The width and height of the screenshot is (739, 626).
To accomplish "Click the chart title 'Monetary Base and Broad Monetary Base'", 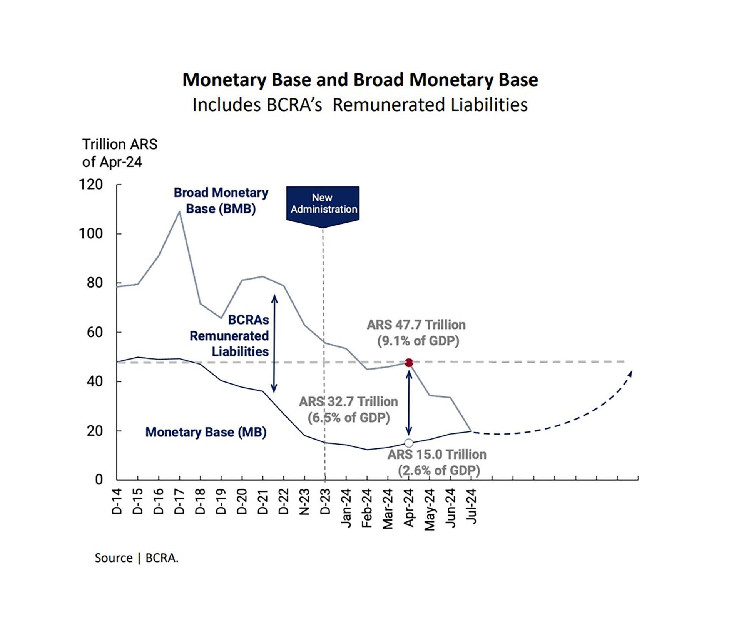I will (x=360, y=80).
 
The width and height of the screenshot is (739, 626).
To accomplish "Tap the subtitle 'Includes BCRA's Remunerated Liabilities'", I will (x=360, y=105).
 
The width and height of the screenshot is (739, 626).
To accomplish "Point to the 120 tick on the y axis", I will (x=91, y=185).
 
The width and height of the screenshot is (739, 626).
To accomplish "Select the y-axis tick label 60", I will (x=95, y=332).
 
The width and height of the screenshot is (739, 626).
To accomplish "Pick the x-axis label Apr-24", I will (x=409, y=508).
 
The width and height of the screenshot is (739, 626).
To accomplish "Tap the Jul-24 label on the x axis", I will (x=471, y=506).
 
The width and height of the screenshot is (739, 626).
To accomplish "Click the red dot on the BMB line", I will (x=409, y=363).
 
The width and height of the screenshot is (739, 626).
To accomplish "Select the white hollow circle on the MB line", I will (x=409, y=443).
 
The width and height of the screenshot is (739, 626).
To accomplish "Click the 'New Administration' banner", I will (x=323, y=204).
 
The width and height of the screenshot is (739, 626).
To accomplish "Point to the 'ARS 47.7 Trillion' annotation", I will (x=416, y=325).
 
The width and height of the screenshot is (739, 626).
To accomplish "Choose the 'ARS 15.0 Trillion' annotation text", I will (x=437, y=455).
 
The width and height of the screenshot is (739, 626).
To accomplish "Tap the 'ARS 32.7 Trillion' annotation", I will (x=349, y=402).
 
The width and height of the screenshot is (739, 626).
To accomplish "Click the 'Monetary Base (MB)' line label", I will (x=206, y=432).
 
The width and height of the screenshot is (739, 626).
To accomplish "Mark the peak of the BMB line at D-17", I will (x=179, y=211).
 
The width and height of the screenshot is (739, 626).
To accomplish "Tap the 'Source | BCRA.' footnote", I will (x=137, y=558).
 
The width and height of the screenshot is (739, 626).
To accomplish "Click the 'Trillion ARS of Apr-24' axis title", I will (x=120, y=153).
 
